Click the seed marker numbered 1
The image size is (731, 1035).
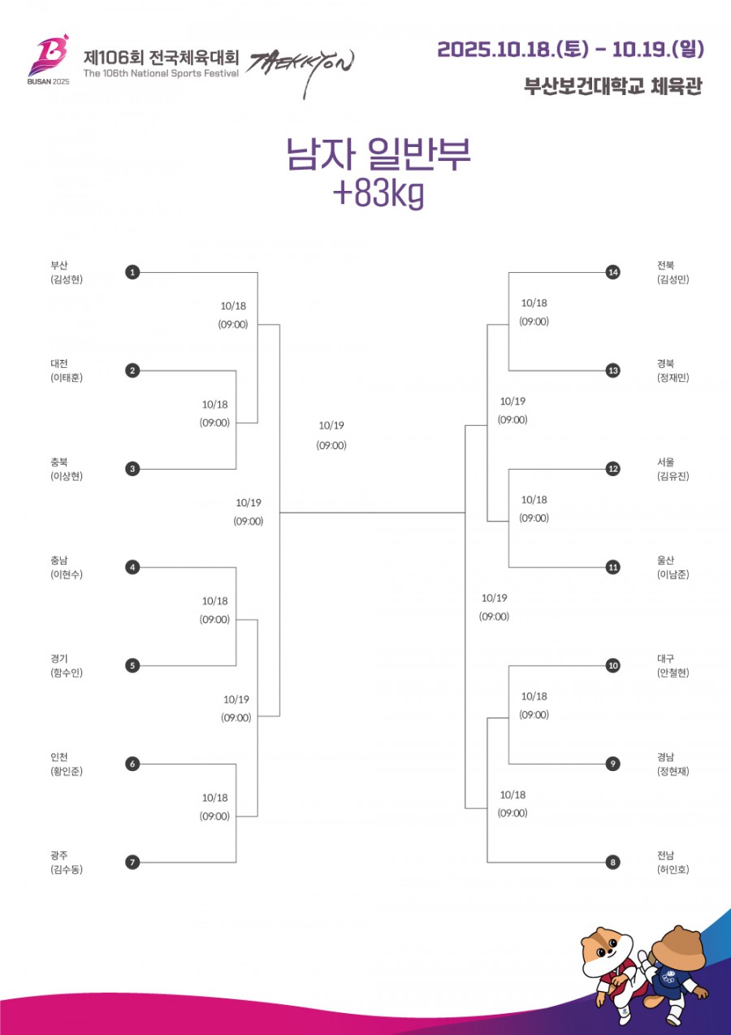pos(132,272)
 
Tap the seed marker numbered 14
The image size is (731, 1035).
pos(612,272)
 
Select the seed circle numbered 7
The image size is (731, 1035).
pos(132,862)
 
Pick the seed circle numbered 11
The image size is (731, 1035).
pos(612,567)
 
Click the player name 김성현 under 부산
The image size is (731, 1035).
pos(67,279)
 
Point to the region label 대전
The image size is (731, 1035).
pos(58,363)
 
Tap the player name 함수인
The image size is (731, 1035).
pos(67,673)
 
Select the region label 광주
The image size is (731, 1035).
pos(58,855)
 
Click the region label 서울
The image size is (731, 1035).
pos(665,461)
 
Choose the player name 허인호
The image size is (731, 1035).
pos(673,869)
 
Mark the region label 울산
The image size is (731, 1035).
pos(665,560)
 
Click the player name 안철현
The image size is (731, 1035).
pos(673,673)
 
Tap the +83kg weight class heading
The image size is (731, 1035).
pos(378,194)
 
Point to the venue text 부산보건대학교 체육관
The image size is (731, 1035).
pos(612,86)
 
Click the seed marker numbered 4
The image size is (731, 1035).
pos(132,567)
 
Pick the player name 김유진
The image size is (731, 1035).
pos(673,476)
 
